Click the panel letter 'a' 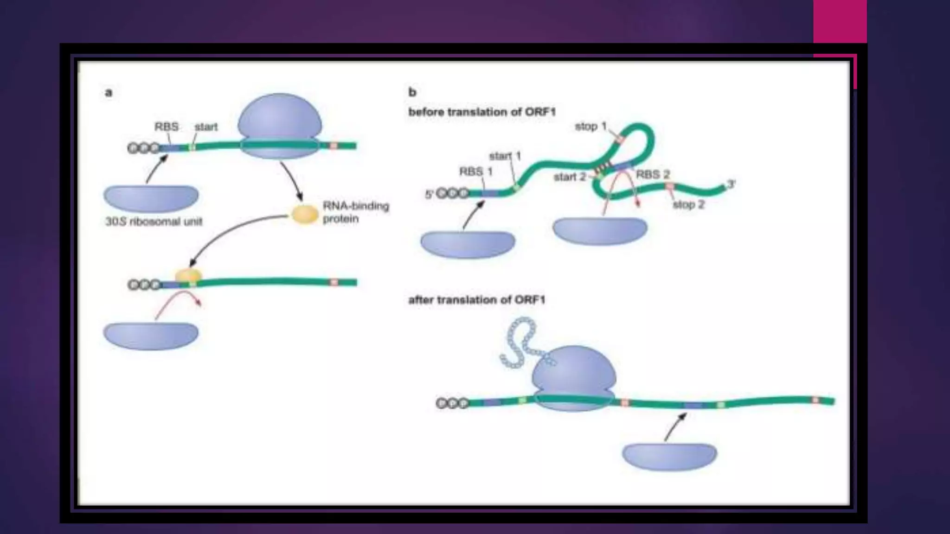click(109, 93)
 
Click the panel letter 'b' click(412, 92)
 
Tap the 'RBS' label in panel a click(166, 127)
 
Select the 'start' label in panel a click(206, 127)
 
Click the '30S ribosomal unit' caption click(154, 222)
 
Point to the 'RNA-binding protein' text click(355, 212)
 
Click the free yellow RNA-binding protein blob click(304, 214)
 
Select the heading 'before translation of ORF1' click(481, 112)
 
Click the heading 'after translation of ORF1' click(476, 300)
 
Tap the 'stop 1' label click(591, 126)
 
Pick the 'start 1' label click(505, 156)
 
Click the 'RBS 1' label click(475, 172)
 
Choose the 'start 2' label click(570, 177)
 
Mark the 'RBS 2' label click(653, 175)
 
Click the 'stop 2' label click(688, 204)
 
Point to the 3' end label click(731, 184)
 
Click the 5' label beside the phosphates click(429, 194)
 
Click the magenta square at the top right click(840, 21)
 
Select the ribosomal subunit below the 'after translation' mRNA click(669, 456)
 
